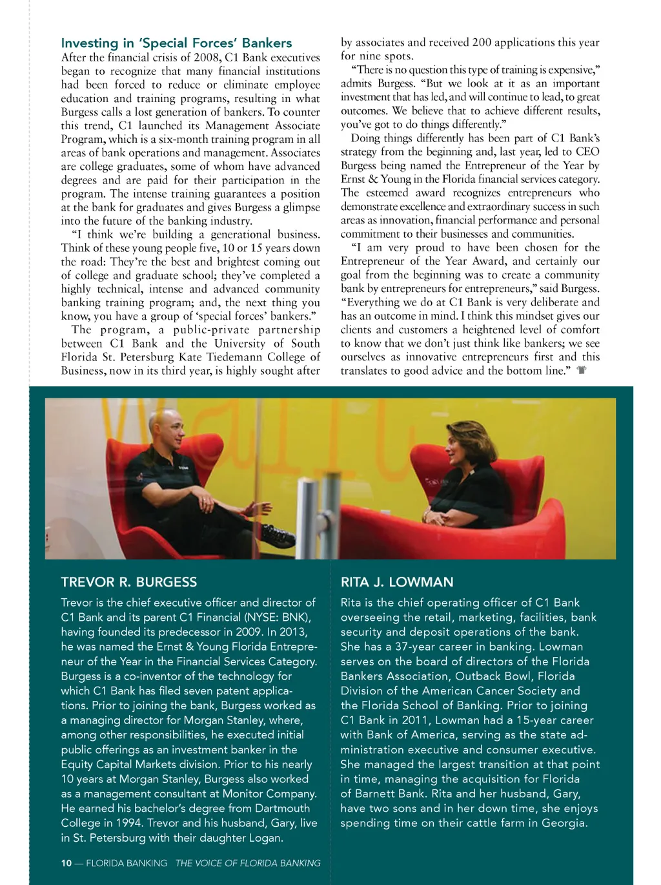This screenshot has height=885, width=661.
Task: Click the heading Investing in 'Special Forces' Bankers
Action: [176, 43]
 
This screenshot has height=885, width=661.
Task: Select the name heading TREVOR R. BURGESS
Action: [129, 582]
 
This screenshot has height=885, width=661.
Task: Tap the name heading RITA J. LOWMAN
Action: [397, 582]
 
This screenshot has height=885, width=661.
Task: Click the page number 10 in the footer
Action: [66, 863]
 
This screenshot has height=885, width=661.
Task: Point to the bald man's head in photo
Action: [159, 427]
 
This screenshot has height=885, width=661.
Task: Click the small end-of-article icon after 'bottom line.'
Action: [582, 371]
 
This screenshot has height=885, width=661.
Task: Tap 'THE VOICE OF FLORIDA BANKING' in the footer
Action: [248, 863]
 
